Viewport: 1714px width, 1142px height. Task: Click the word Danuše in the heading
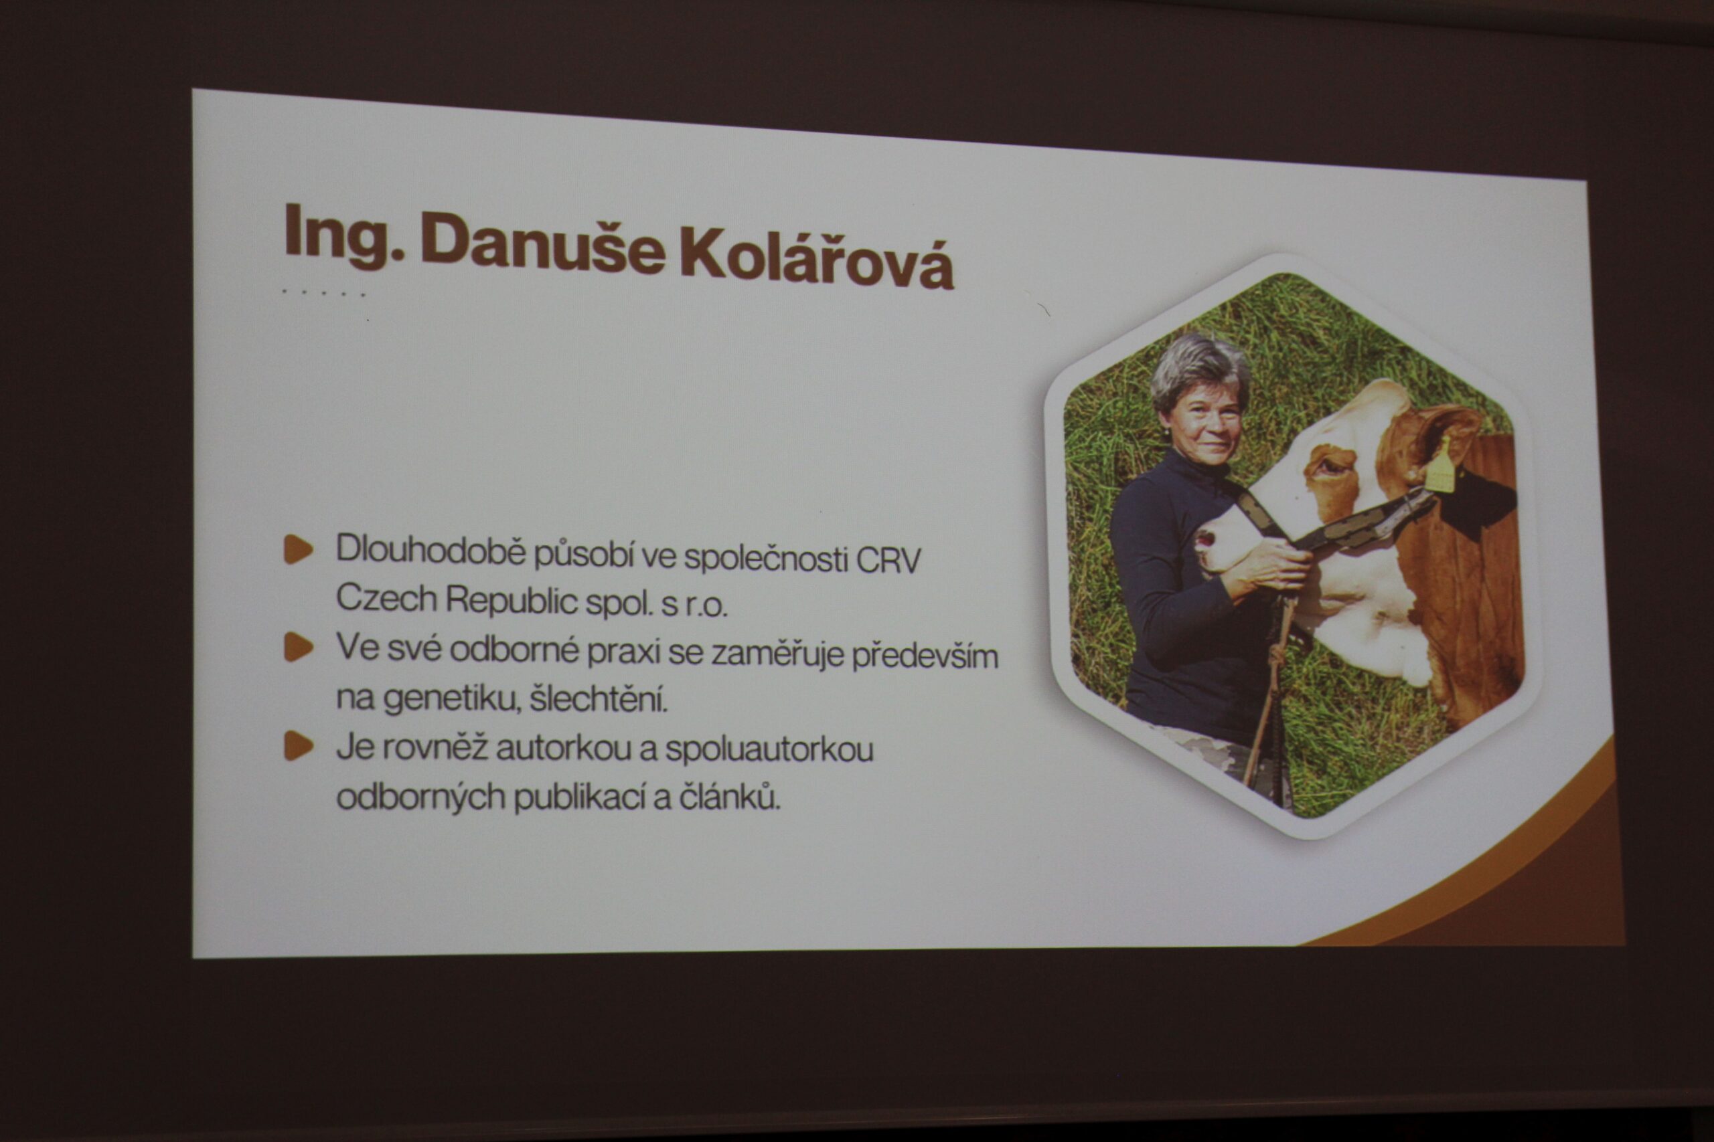543,244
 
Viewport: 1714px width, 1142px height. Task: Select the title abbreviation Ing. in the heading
344,235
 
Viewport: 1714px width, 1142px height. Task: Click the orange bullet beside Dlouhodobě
298,549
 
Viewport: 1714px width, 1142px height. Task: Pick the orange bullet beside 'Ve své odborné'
298,647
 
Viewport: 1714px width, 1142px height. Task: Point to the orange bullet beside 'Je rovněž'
298,746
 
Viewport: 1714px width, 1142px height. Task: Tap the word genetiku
452,699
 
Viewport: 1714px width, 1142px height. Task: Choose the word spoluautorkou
769,750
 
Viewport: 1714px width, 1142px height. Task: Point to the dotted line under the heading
323,294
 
